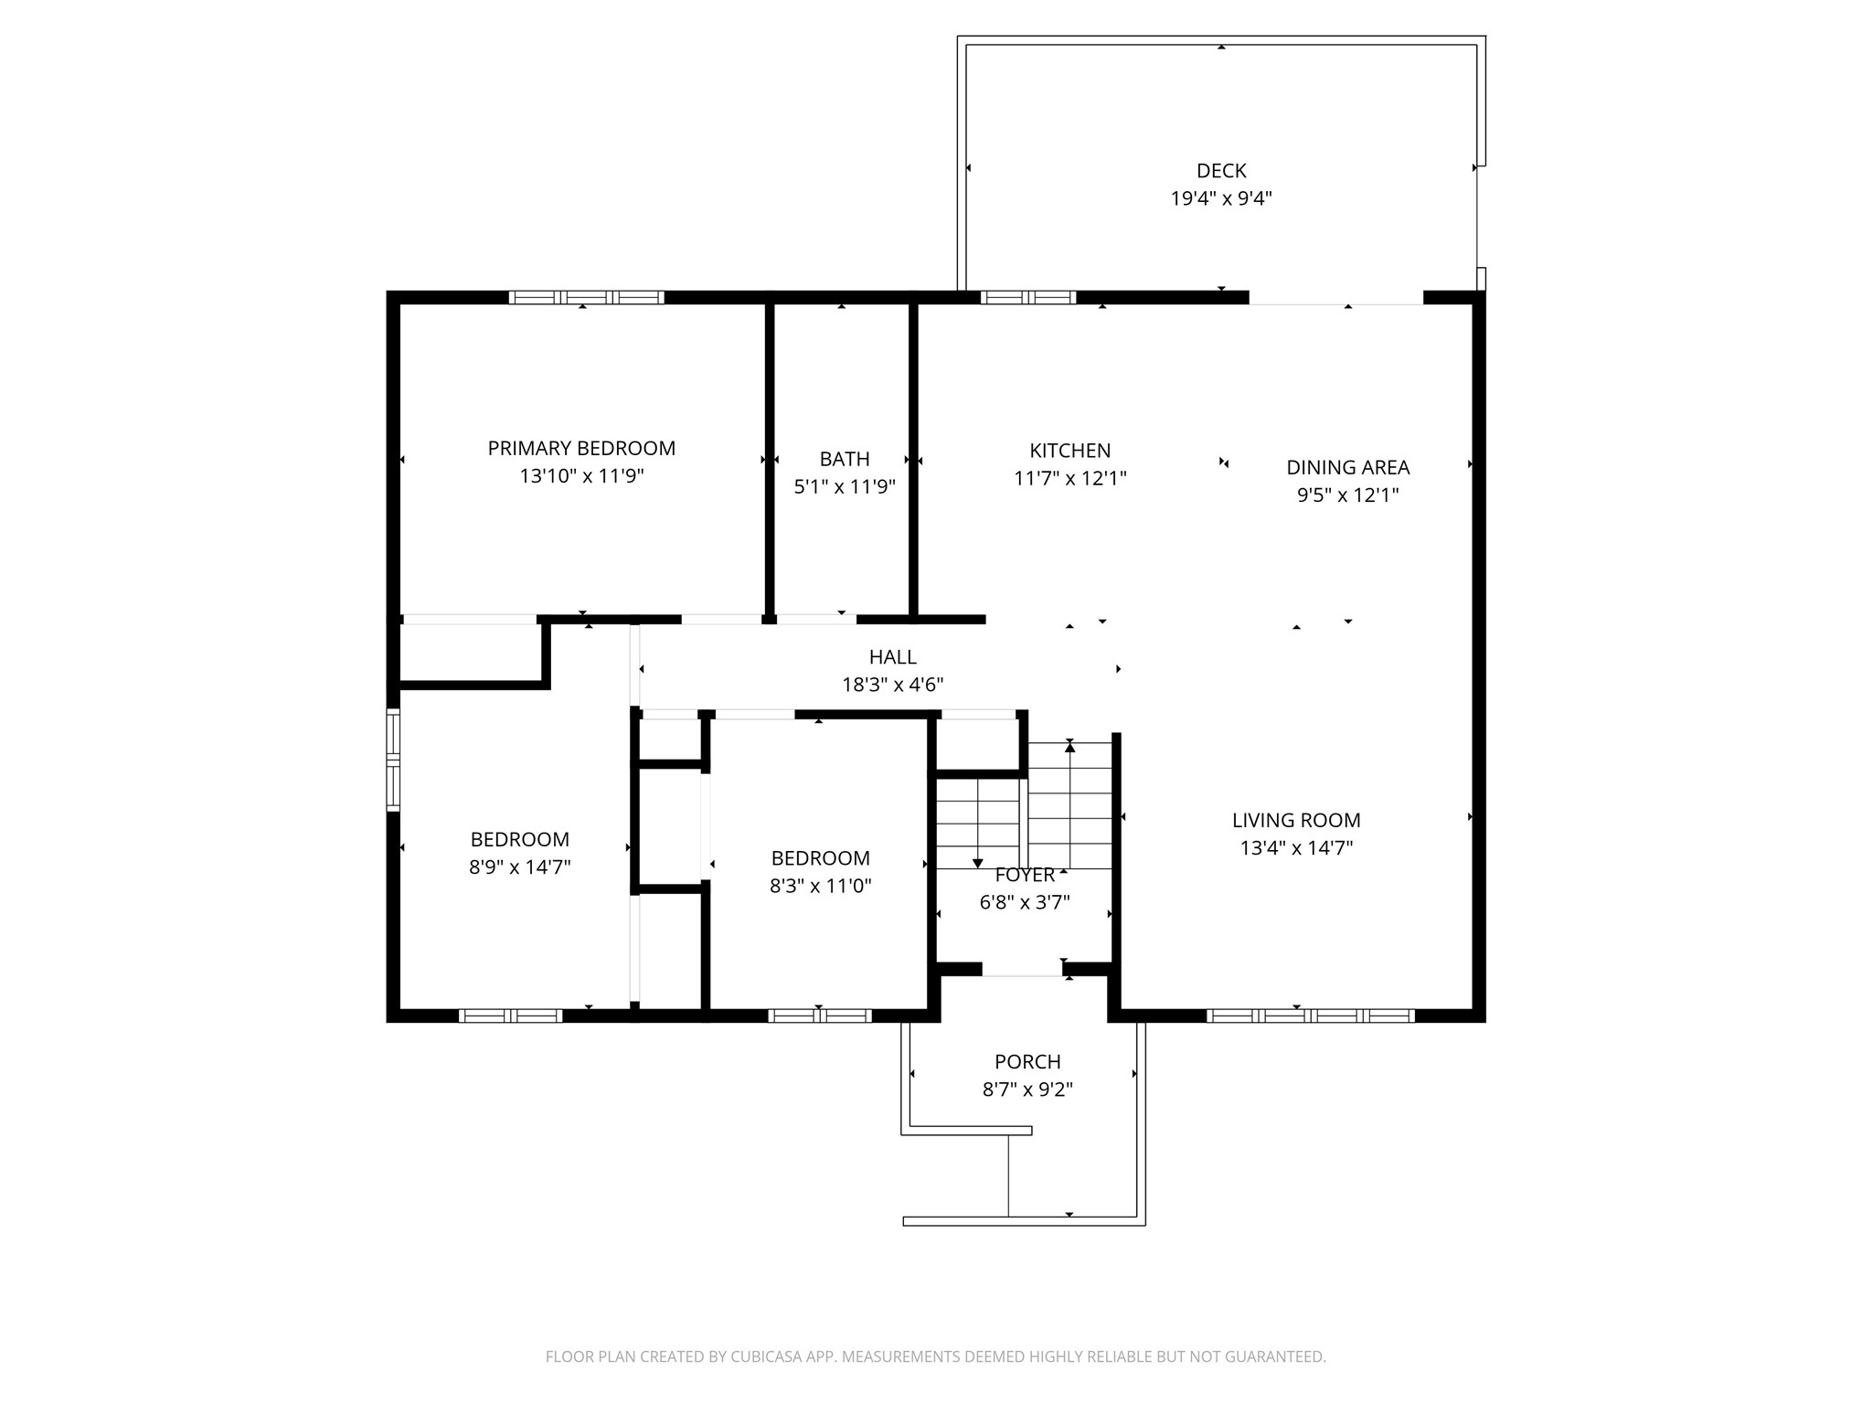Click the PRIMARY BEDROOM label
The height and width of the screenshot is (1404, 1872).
coord(581,449)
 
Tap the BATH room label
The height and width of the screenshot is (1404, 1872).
coord(845,459)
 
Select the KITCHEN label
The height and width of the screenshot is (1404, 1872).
coord(1070,451)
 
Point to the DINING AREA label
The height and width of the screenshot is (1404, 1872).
coord(1348,467)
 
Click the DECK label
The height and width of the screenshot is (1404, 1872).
coord(1221,171)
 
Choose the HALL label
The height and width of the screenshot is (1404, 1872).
coord(893,657)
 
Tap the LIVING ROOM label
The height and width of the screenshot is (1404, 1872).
coord(1296,821)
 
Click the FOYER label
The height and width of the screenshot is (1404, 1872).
coord(1025,875)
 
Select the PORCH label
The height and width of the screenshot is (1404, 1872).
coord(1027,1062)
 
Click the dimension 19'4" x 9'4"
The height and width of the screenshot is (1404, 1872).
coord(1221,198)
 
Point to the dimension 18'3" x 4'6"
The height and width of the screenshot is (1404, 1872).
coord(893,685)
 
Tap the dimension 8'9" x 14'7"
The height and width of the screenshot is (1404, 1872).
coord(520,867)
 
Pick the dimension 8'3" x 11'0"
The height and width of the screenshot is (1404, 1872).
coord(821,886)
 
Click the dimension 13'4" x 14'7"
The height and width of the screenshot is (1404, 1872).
coord(1296,848)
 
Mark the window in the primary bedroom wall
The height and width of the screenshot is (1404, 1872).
coord(586,297)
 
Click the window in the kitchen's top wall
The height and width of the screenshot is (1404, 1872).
coord(1028,297)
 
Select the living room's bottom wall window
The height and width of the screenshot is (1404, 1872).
coord(1311,1016)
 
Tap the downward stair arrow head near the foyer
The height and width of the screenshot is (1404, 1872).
coord(977,862)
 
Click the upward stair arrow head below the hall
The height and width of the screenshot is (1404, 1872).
coord(1069,747)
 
